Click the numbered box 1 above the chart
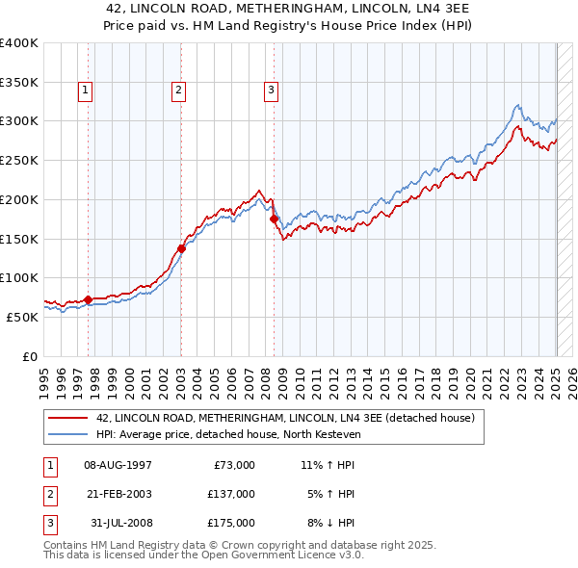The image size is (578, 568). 86,91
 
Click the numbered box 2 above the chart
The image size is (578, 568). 179,91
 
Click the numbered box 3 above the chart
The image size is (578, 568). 272,91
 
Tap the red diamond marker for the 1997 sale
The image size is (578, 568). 88,299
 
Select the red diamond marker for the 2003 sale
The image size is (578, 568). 181,249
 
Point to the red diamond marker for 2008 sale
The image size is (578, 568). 274,219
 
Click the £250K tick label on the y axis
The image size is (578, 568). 18,160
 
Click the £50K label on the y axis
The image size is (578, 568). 22,317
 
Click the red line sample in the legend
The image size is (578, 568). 69,419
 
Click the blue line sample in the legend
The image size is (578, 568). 69,435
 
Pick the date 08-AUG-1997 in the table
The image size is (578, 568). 118,465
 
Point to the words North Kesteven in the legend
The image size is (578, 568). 327,435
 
